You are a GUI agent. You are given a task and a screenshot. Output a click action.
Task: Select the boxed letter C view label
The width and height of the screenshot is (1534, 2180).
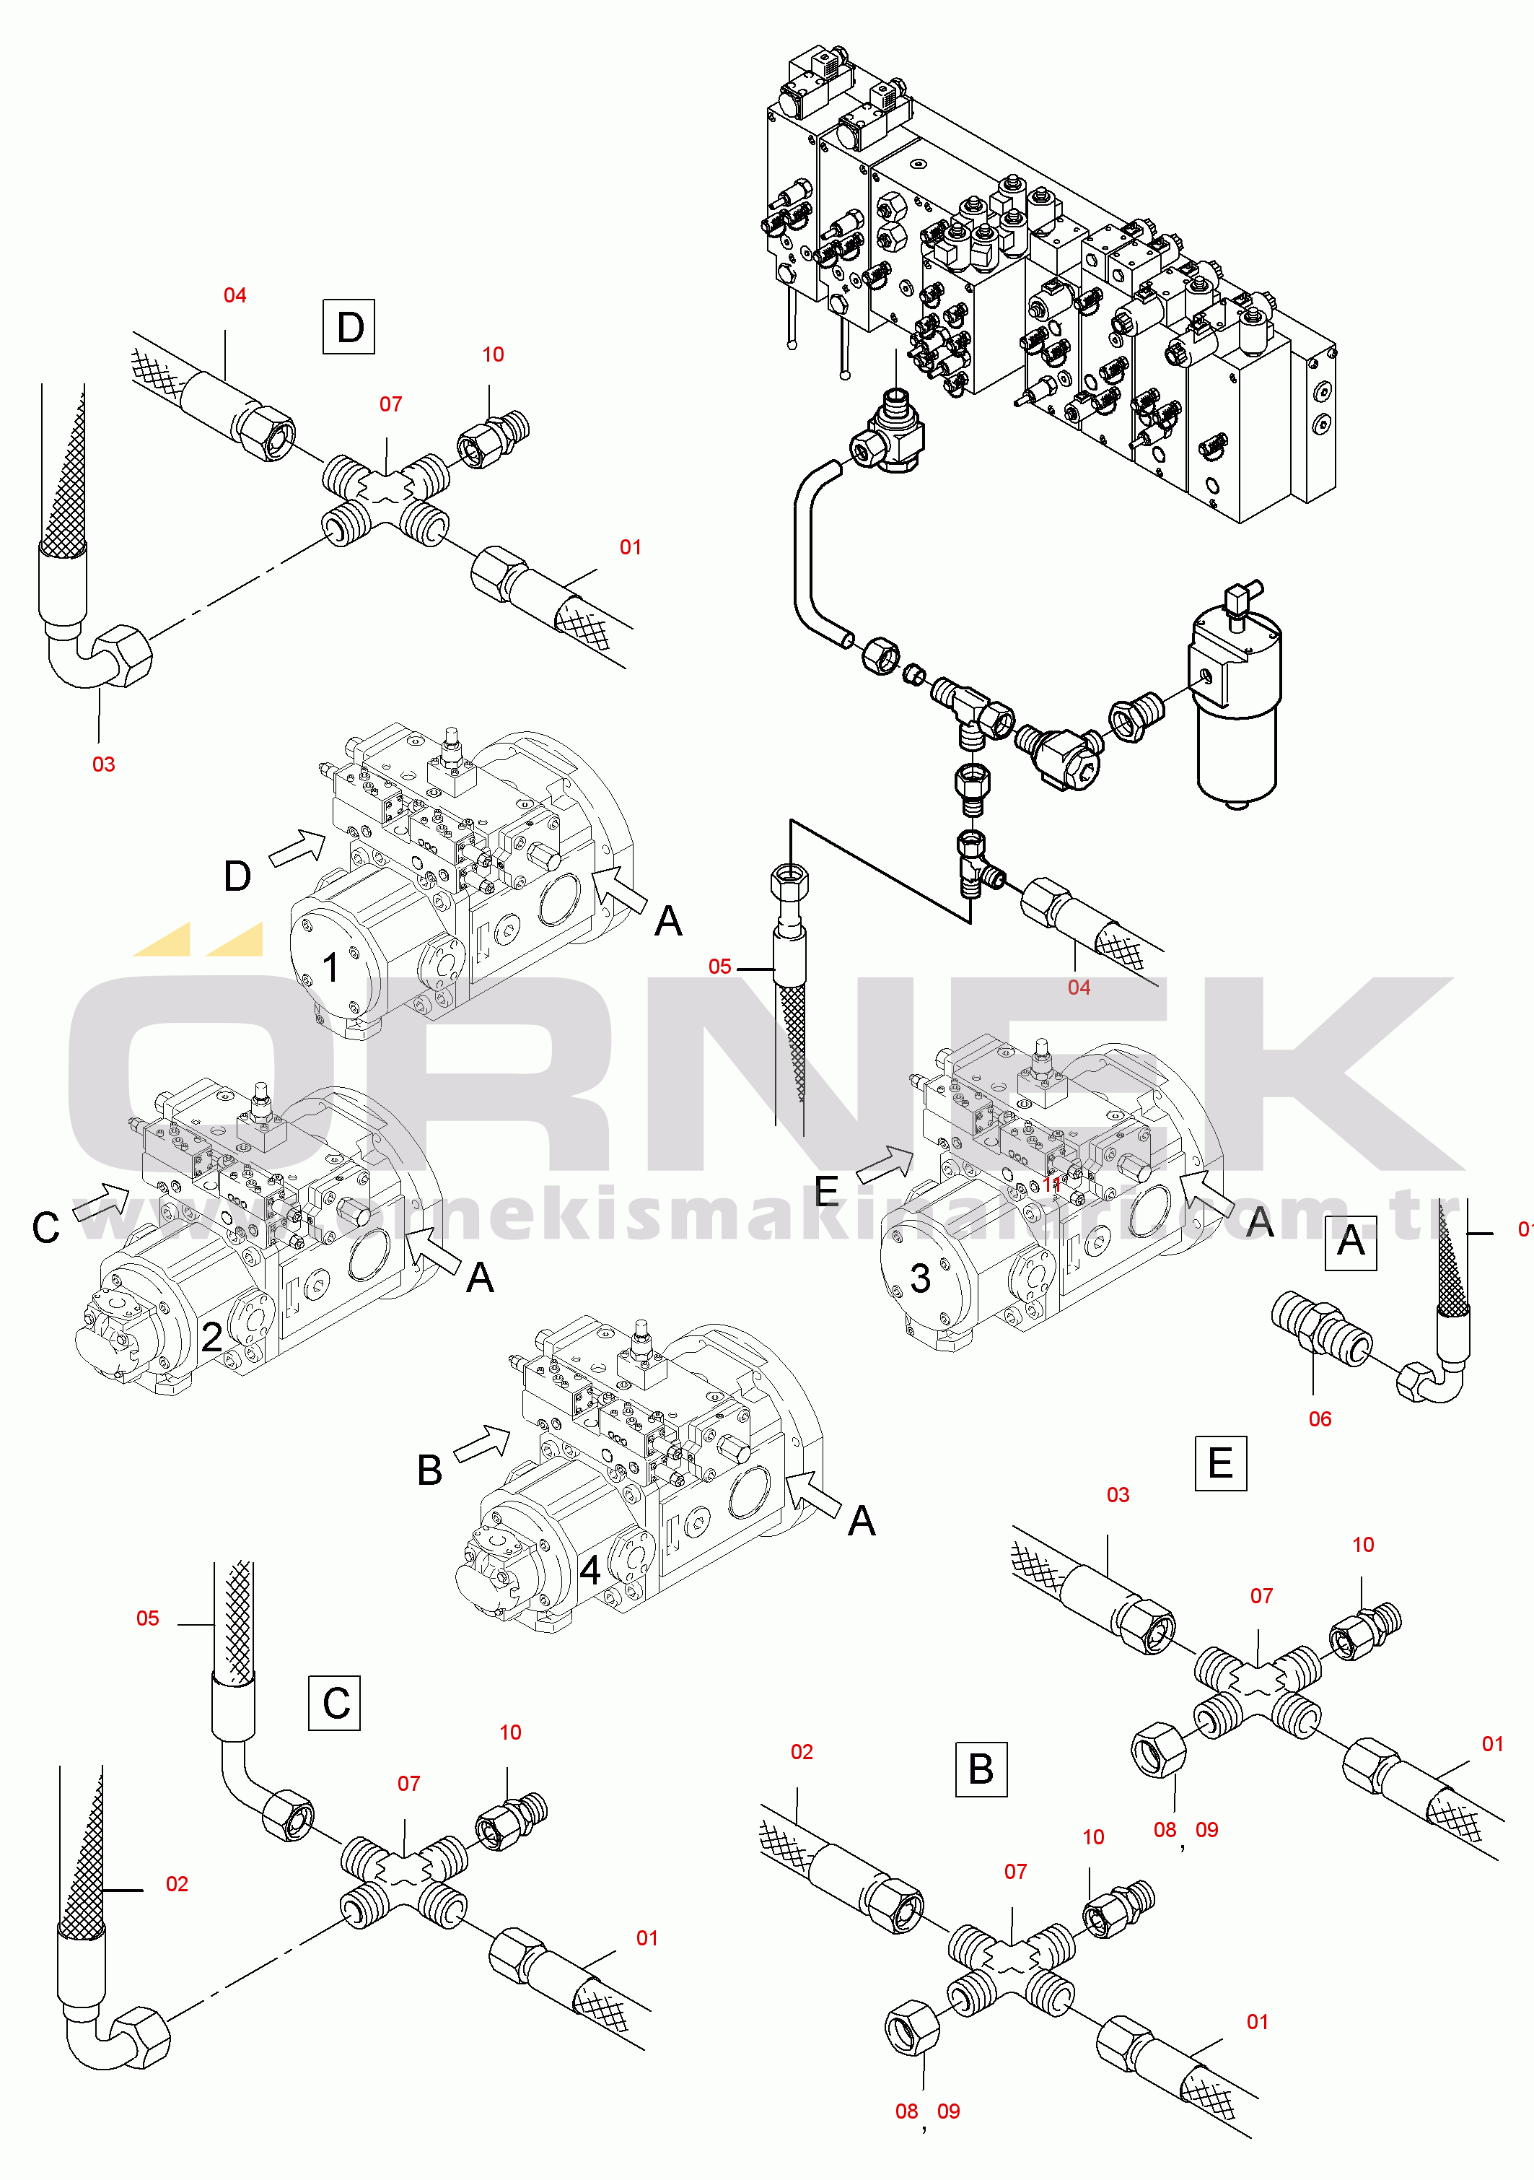tap(335, 1704)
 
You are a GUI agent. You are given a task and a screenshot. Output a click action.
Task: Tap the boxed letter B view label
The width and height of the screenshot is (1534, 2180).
tap(981, 1769)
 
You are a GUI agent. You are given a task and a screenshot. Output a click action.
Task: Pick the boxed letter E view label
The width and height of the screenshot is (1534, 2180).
tap(1220, 1463)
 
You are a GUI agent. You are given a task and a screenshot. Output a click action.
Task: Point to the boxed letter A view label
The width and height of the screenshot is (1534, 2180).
tap(1350, 1242)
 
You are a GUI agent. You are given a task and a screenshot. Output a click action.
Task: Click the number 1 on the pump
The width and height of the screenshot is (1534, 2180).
tap(330, 967)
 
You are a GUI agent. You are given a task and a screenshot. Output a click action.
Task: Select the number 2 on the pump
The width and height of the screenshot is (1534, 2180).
tap(211, 1338)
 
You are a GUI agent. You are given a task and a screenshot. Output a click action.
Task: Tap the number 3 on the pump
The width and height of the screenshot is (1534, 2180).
tap(920, 1278)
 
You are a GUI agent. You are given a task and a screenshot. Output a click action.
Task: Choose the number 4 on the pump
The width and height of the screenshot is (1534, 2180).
tap(590, 1571)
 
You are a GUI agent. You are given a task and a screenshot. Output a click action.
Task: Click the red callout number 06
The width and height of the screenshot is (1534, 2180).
tap(1320, 1418)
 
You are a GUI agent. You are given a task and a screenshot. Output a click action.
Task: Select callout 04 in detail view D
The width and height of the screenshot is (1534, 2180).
tap(235, 295)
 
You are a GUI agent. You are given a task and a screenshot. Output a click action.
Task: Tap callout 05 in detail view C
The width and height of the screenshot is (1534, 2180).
tap(147, 1618)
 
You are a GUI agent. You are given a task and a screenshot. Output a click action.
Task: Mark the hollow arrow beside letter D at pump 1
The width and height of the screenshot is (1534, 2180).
tap(298, 846)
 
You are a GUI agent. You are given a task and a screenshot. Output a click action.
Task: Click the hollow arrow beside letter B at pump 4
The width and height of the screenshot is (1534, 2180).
tap(482, 1443)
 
